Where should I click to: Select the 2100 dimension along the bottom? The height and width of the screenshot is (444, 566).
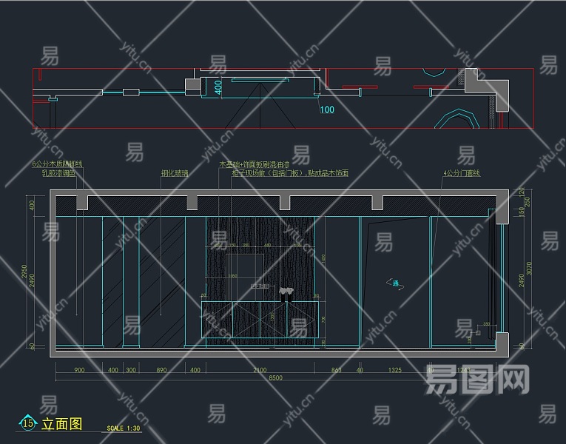point(260,369)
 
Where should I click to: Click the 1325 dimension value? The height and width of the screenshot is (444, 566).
point(395,369)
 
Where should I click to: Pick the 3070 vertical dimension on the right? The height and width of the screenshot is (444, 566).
point(528,266)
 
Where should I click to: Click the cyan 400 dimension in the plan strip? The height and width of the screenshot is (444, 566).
point(218,87)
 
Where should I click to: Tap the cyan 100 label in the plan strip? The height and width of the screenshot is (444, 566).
point(326,110)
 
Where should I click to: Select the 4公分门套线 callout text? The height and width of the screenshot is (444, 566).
point(462,173)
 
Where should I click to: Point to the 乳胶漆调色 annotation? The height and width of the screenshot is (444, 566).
point(58,173)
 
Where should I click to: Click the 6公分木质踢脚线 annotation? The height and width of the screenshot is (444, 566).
point(58,164)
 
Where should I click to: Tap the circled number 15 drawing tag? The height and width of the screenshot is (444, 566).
point(28,423)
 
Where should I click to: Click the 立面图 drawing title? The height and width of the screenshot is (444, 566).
point(62,424)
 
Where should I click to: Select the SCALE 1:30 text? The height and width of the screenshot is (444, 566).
point(124,428)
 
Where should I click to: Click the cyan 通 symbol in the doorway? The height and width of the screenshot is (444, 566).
point(396,283)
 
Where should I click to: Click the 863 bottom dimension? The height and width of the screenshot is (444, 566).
point(337,369)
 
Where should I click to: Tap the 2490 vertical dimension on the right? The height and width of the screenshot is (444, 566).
point(521,280)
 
